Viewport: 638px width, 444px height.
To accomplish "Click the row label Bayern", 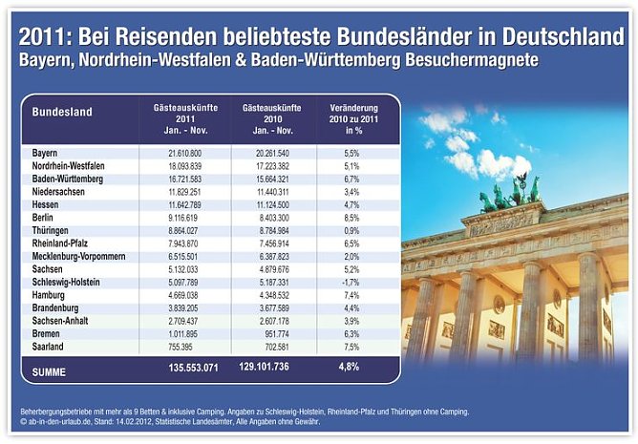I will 45,153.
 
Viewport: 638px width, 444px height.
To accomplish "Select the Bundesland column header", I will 62,112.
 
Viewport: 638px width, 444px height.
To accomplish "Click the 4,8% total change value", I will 348,366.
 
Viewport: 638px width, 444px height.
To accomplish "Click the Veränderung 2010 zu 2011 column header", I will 348,117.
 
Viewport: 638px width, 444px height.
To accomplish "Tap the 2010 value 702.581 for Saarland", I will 272,348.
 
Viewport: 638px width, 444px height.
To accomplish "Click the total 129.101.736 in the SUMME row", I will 272,366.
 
